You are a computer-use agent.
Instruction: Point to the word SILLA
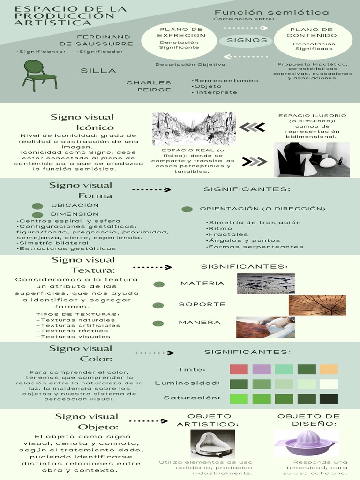tap(98, 71)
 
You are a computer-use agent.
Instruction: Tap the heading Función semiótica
tap(272, 12)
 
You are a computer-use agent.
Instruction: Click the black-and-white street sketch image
tap(194, 128)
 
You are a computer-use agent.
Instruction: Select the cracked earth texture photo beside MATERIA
tap(265, 284)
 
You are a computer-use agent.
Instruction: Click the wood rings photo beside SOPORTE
tap(317, 305)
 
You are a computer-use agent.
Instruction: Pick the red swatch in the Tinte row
tap(239, 369)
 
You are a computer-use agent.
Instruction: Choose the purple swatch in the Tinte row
tap(261, 369)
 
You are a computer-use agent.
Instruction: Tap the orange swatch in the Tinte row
tap(329, 369)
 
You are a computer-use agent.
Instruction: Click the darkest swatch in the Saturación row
tap(329, 399)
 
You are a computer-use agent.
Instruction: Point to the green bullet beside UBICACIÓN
tap(37, 206)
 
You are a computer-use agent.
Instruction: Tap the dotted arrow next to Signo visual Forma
tap(151, 190)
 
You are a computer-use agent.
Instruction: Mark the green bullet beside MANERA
tap(158, 323)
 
